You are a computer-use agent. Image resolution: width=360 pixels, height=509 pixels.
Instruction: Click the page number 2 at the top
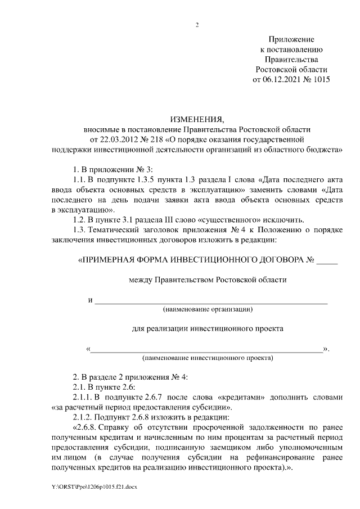[x=197, y=25]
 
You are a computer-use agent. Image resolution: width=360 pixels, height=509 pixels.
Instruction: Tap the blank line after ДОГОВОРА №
[x=327, y=262]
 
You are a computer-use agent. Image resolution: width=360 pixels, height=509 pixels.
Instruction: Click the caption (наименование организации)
[x=208, y=309]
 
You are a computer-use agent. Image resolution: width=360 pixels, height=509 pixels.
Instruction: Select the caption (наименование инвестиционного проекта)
[x=208, y=357]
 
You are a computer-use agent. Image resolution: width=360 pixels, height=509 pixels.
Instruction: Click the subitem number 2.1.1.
[x=84, y=397]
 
